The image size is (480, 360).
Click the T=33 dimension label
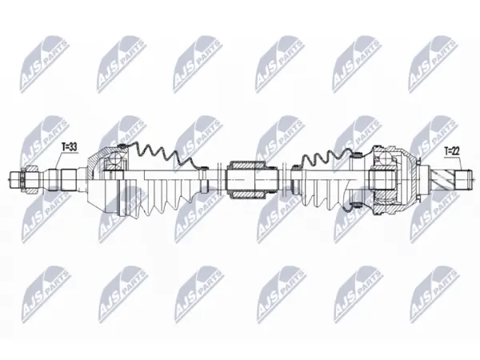[69, 147]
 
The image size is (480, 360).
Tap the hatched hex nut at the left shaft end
[30, 179]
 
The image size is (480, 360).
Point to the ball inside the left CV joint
[116, 159]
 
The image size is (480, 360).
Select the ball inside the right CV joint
[386, 159]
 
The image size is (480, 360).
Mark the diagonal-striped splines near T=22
[443, 179]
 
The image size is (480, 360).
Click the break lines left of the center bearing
[219, 179]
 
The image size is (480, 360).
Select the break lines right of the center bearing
[284, 179]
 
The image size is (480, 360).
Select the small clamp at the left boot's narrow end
[202, 167]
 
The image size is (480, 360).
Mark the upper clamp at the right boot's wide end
[356, 153]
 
